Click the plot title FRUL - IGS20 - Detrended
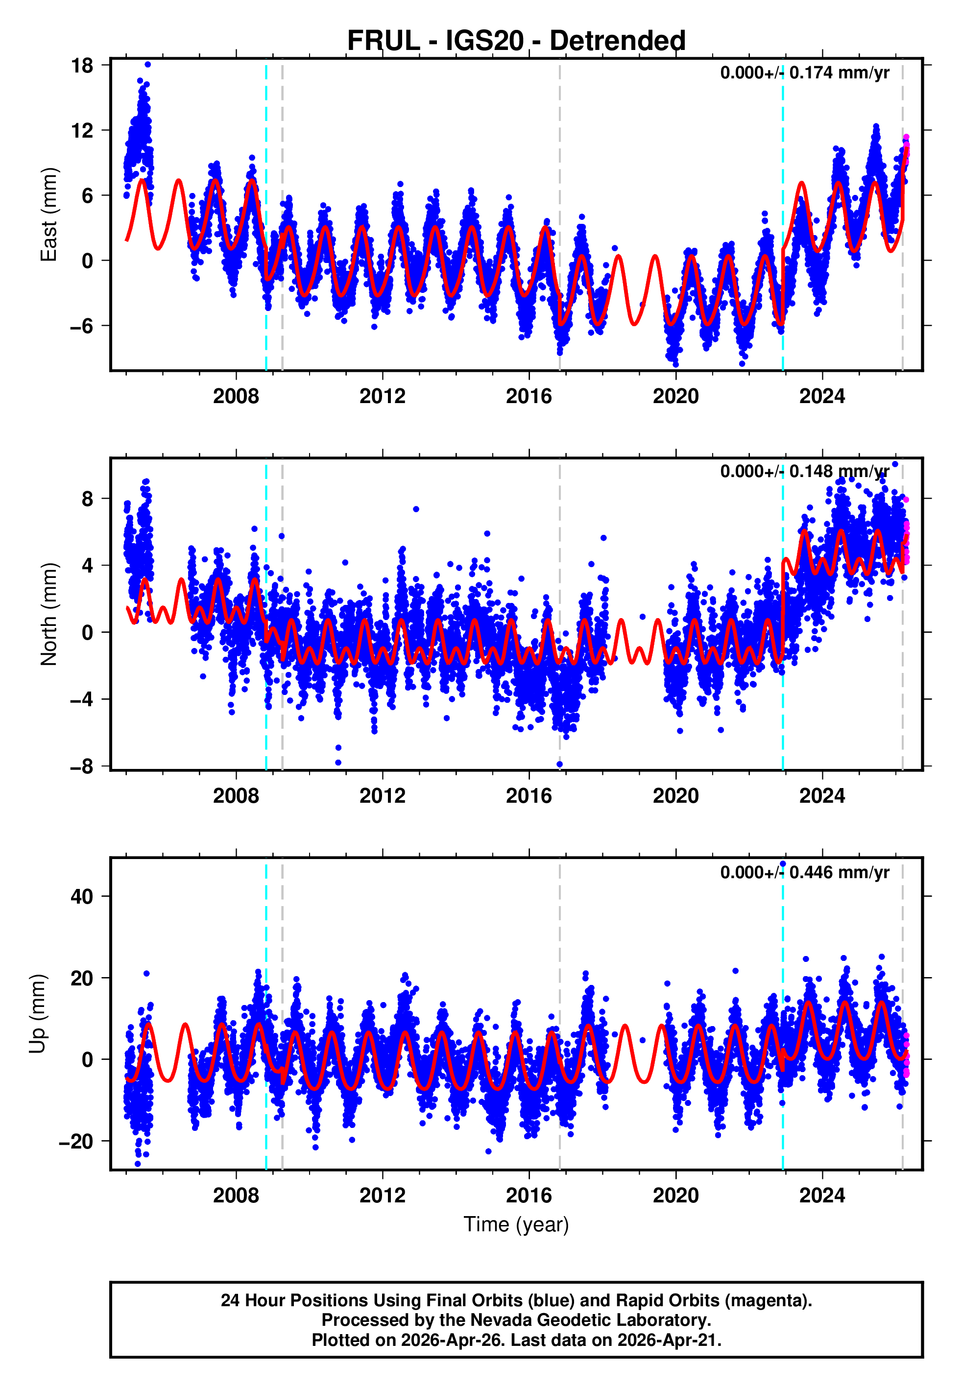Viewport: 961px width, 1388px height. tap(516, 41)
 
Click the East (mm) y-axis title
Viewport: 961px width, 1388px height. tap(49, 215)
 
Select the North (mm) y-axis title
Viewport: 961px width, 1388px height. tap(49, 614)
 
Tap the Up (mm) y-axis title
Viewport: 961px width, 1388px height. tap(37, 1014)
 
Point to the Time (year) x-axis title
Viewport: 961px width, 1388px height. tap(516, 1224)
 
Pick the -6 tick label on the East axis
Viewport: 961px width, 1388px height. tap(81, 326)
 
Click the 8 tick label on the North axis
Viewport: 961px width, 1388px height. tap(88, 499)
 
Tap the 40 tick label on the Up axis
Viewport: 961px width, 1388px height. tap(82, 897)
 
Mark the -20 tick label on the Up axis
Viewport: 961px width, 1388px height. tap(76, 1141)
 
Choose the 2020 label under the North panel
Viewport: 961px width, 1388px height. tap(675, 796)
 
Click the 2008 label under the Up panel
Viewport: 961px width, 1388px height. tap(236, 1196)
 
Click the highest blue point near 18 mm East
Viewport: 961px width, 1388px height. tap(147, 64)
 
